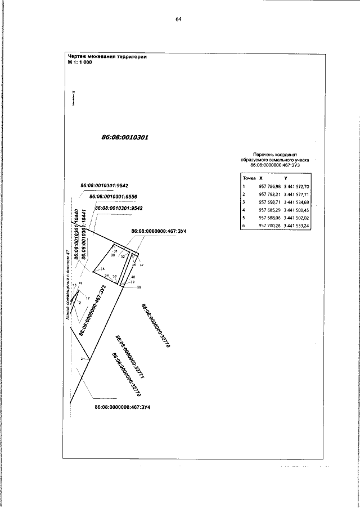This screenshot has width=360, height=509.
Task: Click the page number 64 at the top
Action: (x=178, y=19)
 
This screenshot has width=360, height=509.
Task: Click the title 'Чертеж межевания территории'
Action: (x=107, y=56)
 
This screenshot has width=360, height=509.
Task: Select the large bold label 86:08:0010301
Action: (x=124, y=137)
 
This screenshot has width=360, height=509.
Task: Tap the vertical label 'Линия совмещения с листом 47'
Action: (x=67, y=287)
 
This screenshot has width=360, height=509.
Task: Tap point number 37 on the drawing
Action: (x=142, y=264)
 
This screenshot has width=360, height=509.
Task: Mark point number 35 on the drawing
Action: (x=103, y=269)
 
